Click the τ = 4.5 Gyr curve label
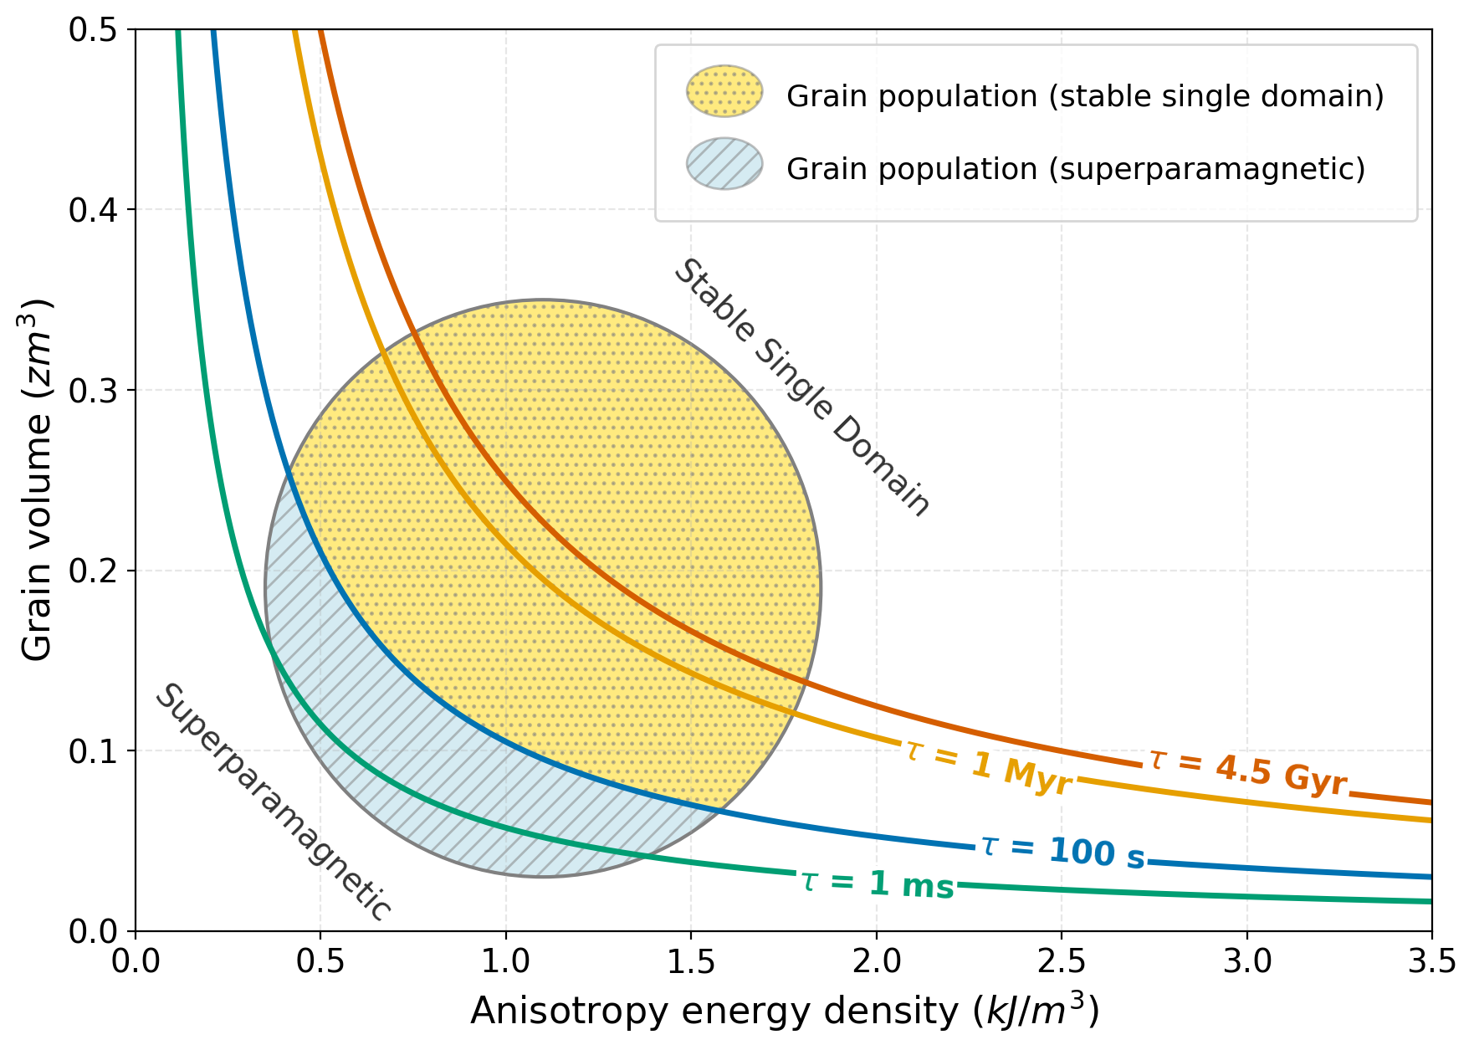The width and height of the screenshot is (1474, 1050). tap(1247, 771)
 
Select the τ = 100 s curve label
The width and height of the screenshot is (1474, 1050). tap(1062, 852)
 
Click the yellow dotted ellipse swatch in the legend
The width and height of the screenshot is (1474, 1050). tap(724, 91)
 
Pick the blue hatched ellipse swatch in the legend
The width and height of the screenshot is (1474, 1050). tap(724, 164)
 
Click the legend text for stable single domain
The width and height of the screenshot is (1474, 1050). tap(1085, 96)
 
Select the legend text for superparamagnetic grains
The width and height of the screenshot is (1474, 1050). tap(1075, 169)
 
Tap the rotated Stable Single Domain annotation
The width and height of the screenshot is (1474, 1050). tap(801, 387)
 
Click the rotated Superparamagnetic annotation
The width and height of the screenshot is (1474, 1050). tap(273, 802)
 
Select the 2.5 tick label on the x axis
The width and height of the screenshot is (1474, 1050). tap(1062, 961)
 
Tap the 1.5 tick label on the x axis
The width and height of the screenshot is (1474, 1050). tap(691, 961)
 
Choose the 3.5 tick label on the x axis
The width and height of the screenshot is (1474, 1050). tap(1431, 961)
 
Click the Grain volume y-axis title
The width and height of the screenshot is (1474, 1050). tap(37, 479)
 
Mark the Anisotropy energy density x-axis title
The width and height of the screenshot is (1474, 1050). tap(784, 1012)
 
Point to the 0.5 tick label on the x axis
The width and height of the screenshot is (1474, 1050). tap(320, 961)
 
